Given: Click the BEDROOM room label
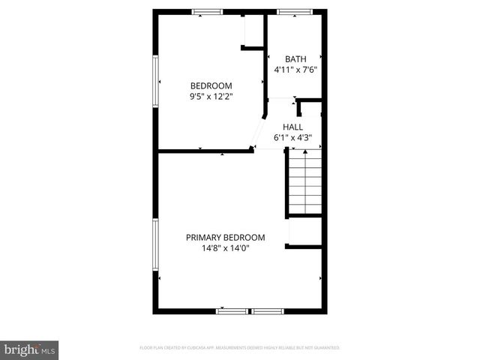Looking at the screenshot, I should click(x=211, y=85).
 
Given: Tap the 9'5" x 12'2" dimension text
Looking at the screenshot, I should click(x=211, y=96).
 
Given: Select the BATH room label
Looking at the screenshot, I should click(x=295, y=59).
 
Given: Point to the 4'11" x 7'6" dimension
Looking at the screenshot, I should click(x=295, y=70).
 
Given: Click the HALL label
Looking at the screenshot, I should click(x=292, y=127).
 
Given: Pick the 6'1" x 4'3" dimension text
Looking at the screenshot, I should click(x=292, y=138).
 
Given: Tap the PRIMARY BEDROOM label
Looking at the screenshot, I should click(x=225, y=238).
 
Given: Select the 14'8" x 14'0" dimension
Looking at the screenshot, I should click(x=225, y=248).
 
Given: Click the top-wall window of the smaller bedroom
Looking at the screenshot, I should click(x=207, y=11).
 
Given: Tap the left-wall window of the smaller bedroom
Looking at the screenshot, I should click(x=155, y=82).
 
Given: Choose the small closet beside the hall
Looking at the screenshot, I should click(x=311, y=109).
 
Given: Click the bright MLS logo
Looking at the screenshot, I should click(x=30, y=349).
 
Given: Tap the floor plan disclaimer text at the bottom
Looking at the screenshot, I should click(x=240, y=348).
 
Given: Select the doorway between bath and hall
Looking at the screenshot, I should click(x=282, y=99).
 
